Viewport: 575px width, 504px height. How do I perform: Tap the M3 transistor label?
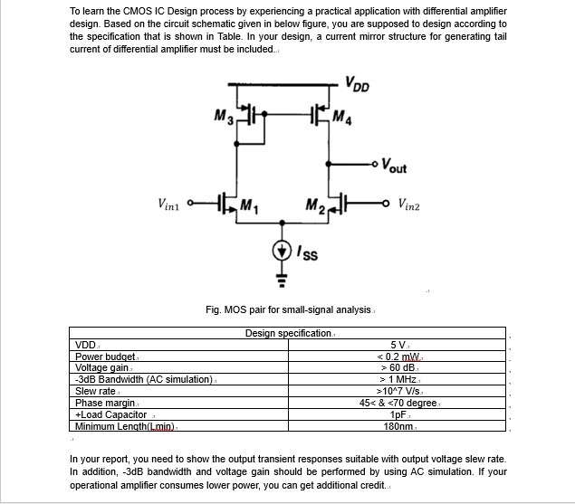point(225,117)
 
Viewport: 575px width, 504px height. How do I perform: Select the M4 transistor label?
point(341,117)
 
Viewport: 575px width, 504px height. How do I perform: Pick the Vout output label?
point(394,166)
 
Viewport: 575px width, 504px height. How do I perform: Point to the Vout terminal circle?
point(377,164)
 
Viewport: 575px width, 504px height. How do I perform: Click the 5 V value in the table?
point(398,345)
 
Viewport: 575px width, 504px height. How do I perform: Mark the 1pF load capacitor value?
point(398,414)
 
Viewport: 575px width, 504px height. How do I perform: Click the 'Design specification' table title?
point(289,333)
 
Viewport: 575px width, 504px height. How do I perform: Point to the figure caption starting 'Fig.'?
point(289,310)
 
